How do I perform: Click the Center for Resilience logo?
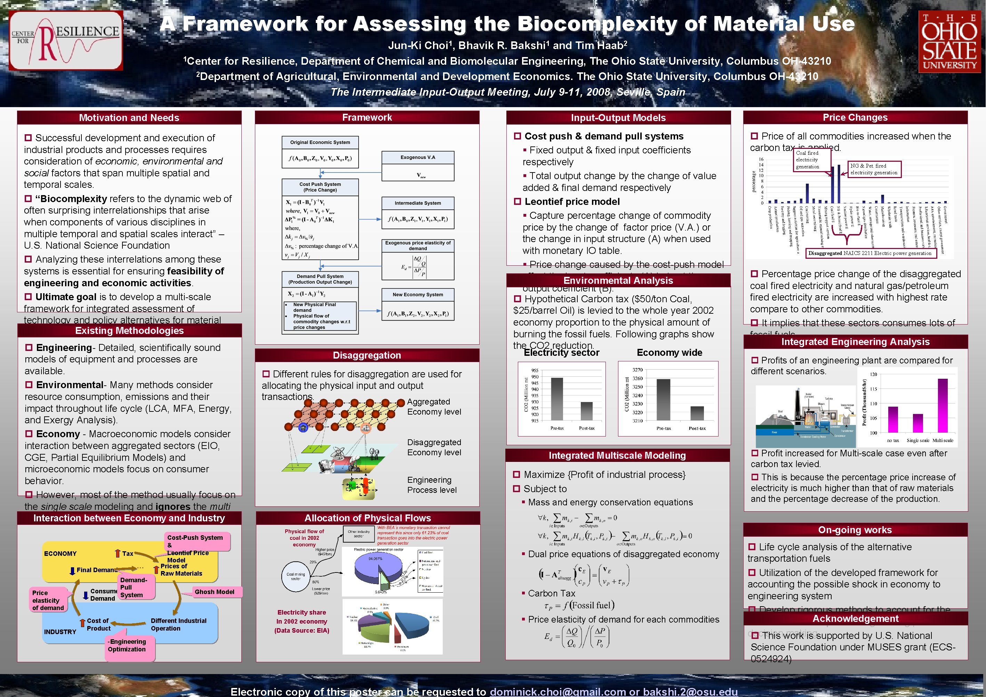(66, 41)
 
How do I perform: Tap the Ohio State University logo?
(949, 42)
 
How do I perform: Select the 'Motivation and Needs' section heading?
(129, 118)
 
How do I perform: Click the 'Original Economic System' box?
(320, 143)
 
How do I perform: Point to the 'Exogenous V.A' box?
(417, 158)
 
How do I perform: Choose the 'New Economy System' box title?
(417, 295)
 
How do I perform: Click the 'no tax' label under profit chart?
(893, 440)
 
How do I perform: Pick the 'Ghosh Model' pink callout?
(214, 592)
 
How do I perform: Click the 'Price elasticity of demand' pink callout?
(48, 600)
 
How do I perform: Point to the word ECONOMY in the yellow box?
(60, 554)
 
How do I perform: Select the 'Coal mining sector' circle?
(296, 576)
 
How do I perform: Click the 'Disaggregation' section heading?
(367, 355)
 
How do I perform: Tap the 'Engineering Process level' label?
(432, 485)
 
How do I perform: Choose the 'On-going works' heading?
(855, 530)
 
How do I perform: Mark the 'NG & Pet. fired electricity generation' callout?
(874, 169)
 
